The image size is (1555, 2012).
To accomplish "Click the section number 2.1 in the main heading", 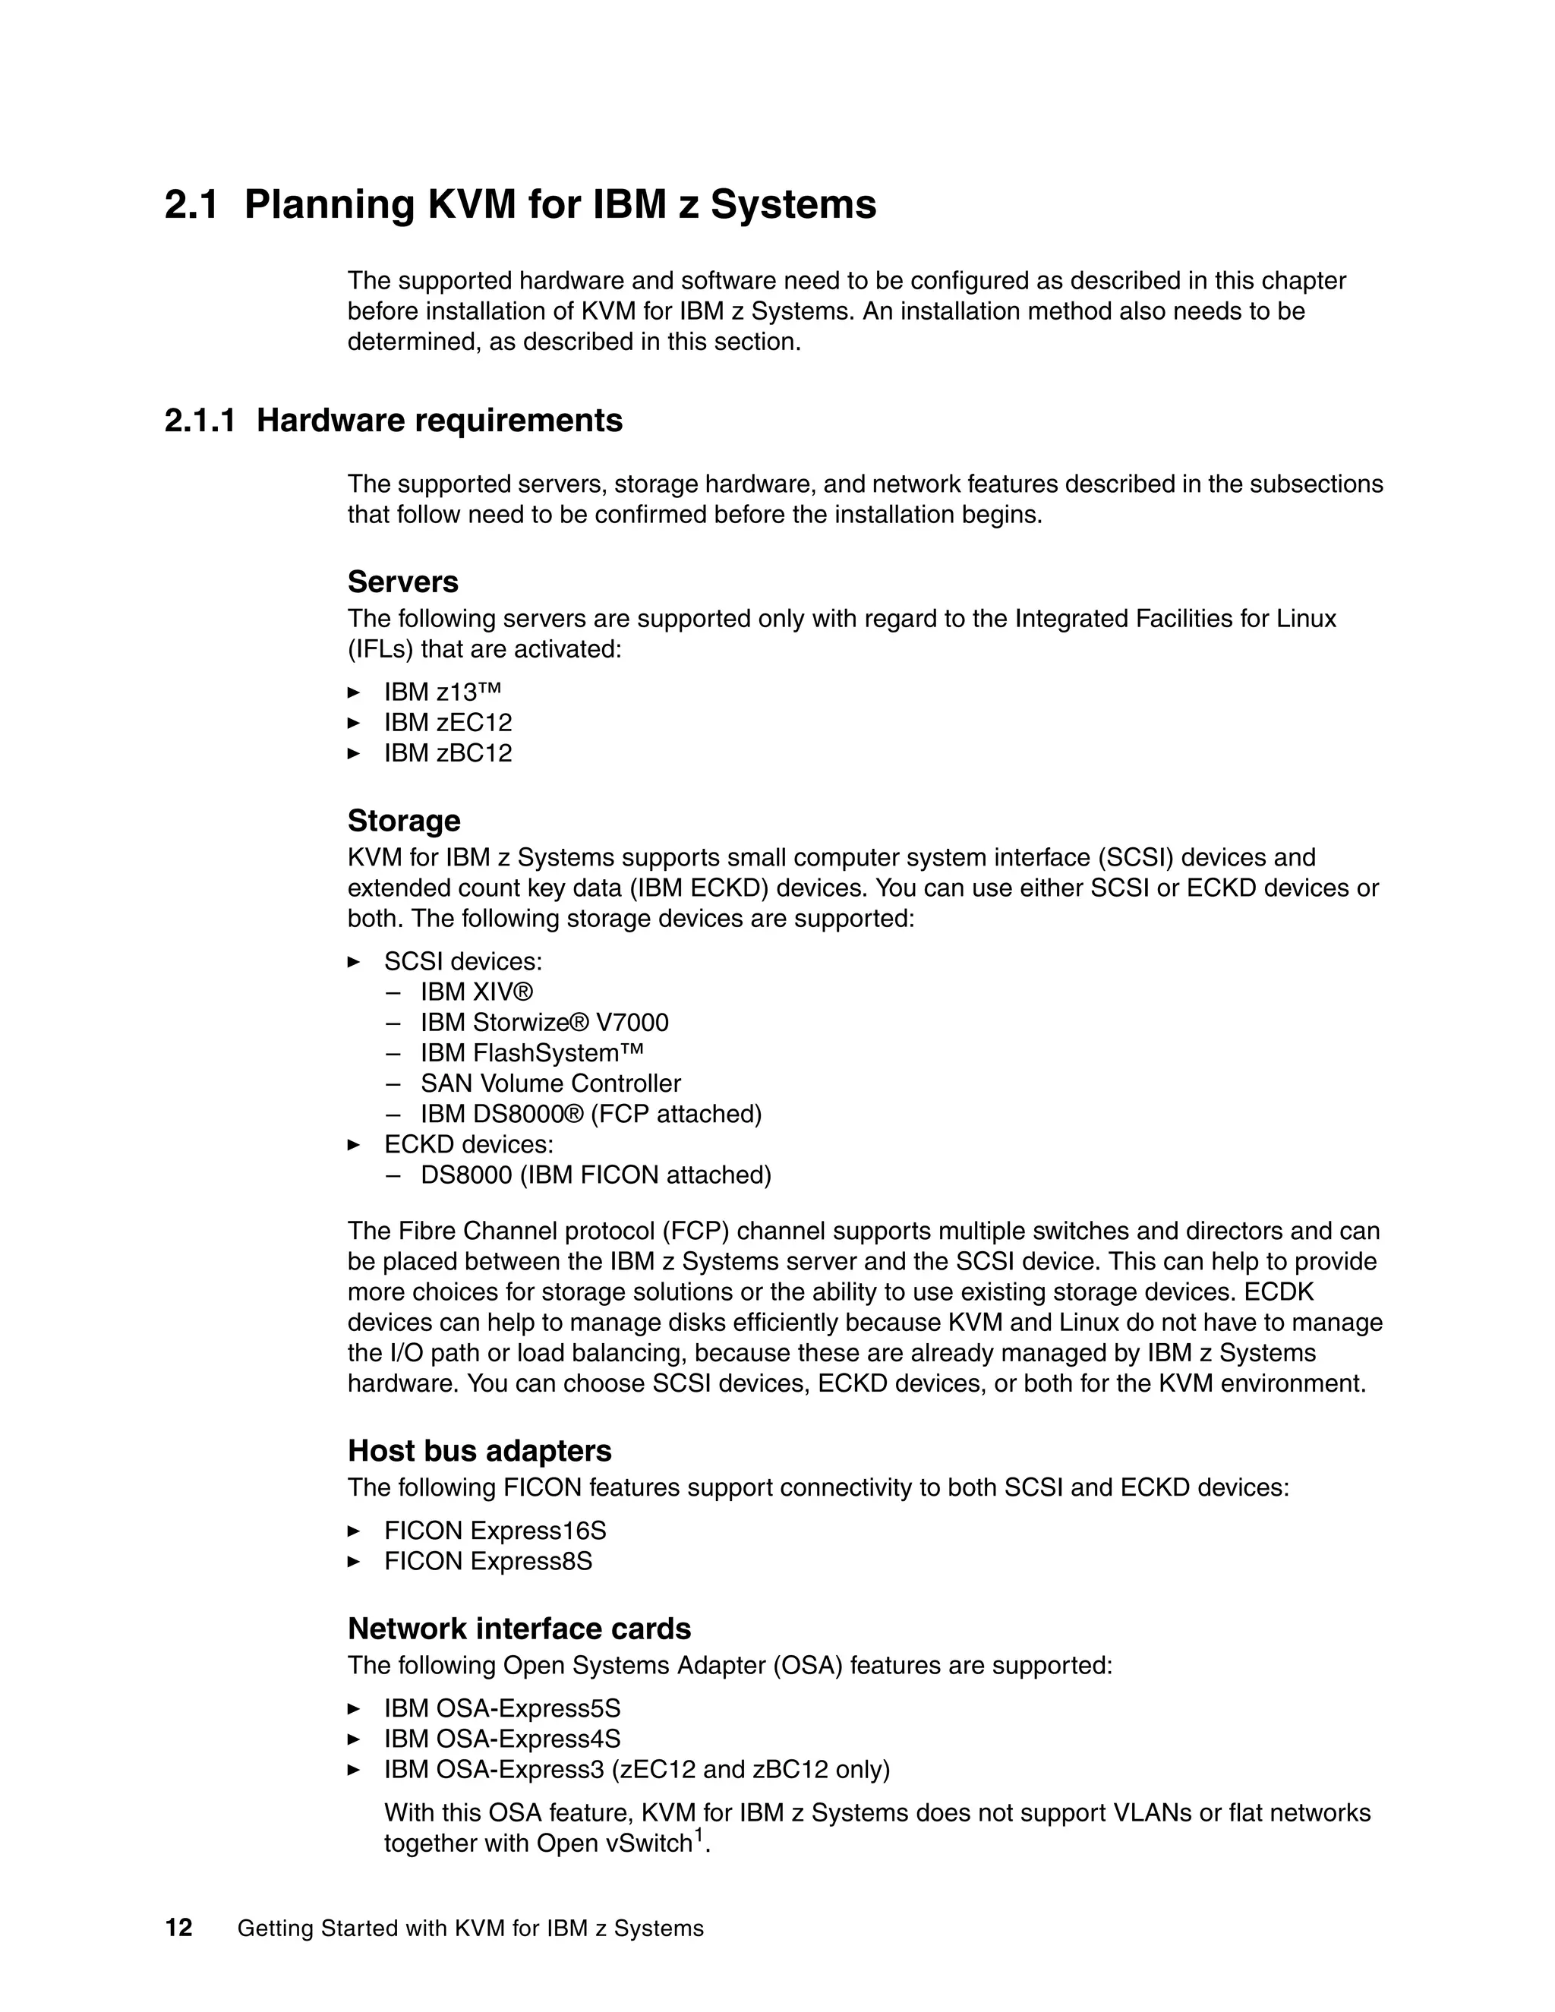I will pos(191,204).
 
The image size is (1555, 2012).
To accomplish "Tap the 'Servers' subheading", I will pos(402,582).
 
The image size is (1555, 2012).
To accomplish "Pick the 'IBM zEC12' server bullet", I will pos(448,722).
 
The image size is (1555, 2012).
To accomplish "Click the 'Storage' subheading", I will pos(403,821).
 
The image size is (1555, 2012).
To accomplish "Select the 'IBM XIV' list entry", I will pos(476,992).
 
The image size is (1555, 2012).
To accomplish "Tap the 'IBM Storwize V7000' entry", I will pos(544,1023).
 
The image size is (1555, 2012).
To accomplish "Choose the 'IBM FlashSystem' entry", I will pos(531,1053).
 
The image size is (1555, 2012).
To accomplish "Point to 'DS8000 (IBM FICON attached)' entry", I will pos(596,1175).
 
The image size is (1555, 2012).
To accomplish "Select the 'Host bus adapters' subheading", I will pos(479,1451).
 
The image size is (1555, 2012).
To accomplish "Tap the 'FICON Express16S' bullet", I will pos(495,1531).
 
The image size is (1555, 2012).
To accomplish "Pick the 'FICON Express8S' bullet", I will pos(488,1562).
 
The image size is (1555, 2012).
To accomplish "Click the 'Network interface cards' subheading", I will pos(519,1629).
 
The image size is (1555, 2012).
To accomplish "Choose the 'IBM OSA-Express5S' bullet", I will pos(502,1709).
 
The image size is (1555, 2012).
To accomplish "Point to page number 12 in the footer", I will pos(178,1928).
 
